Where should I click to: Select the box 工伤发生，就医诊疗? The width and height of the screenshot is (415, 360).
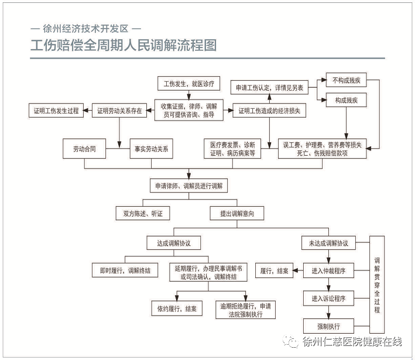coord(188,84)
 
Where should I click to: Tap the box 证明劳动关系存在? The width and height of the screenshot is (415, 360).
coord(119,111)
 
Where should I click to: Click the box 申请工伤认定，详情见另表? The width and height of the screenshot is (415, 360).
coord(269,87)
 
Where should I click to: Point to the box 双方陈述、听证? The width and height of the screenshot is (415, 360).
coord(139,214)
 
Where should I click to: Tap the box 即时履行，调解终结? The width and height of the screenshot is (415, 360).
coord(125,270)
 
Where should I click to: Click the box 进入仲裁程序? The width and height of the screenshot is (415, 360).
coord(328,270)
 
